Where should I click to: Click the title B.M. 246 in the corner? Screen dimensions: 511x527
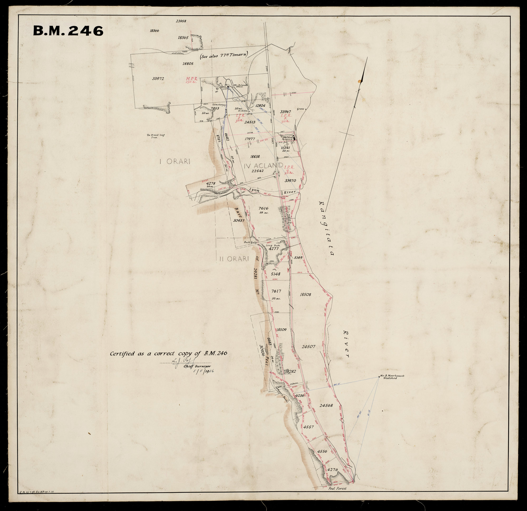68,31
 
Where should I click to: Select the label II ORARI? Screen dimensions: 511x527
233,259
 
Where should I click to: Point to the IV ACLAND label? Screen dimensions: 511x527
264,166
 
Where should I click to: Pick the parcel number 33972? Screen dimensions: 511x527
158,79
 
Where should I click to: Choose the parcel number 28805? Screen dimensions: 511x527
188,64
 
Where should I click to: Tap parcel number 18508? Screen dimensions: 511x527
305,294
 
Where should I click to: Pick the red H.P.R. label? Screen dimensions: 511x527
192,79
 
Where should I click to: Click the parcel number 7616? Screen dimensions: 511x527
263,208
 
